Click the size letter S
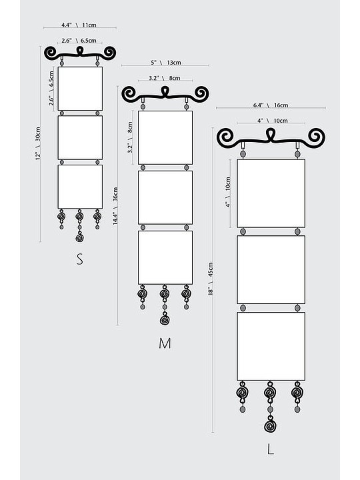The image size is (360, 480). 79,259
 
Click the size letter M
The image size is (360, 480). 165,343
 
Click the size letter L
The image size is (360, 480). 270,449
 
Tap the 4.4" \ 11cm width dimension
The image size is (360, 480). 79,25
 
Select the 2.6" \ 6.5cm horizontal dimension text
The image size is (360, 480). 79,41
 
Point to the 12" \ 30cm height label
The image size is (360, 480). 37,143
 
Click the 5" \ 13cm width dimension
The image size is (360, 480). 165,63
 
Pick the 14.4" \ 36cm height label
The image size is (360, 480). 115,206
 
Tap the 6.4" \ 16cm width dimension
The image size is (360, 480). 271,105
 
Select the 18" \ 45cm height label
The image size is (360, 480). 211,279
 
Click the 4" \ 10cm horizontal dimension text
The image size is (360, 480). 272,121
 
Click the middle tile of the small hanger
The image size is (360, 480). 80,137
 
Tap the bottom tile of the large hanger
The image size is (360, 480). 271,346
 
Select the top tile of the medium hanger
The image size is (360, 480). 165,137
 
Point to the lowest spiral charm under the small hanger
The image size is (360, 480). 79,237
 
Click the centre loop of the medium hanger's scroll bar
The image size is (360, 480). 165,91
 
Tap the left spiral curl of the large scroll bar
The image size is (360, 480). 225,137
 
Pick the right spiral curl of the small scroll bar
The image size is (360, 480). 109,53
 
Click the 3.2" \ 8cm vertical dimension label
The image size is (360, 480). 130,137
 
